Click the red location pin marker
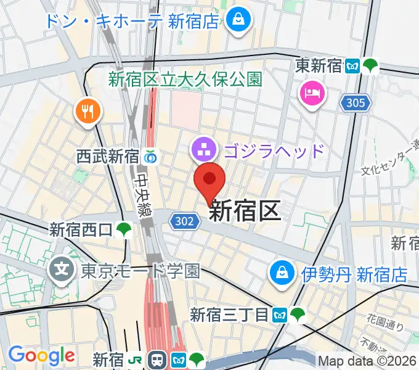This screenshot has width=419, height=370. pyautogui.click(x=209, y=179)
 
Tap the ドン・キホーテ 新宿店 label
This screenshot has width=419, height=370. pyautogui.click(x=132, y=21)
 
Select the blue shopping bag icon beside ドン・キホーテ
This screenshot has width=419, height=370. pyautogui.click(x=237, y=20)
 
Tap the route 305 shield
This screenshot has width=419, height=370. pyautogui.click(x=356, y=103)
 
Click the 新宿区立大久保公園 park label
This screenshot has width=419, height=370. pyautogui.click(x=185, y=79)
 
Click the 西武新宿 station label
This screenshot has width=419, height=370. pyautogui.click(x=108, y=157)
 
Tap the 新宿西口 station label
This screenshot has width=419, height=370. pyautogui.click(x=81, y=230)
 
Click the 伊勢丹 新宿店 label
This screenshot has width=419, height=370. pyautogui.click(x=354, y=274)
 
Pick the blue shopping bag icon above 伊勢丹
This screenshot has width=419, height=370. pyautogui.click(x=282, y=271)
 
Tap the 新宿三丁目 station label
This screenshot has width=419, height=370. pyautogui.click(x=229, y=315)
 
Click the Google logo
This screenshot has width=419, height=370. pyautogui.click(x=41, y=355)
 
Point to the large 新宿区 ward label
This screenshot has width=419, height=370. pyautogui.click(x=245, y=211)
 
